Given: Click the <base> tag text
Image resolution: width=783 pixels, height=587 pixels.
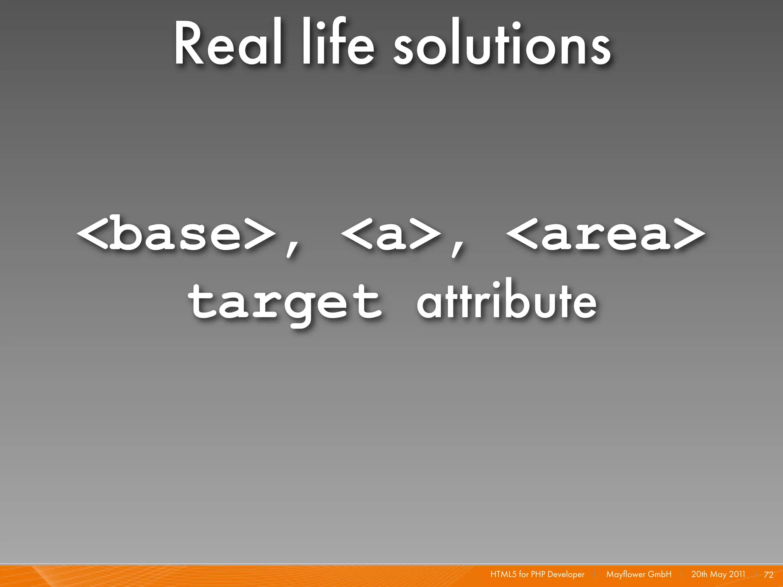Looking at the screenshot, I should point(177,233).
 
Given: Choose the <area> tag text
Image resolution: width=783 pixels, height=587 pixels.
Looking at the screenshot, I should point(606,233).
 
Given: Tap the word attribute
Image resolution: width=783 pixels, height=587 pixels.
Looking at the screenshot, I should point(506,302).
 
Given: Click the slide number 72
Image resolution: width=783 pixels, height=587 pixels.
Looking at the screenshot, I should point(768,575).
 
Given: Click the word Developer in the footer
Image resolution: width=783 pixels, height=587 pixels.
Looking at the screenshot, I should point(566,574).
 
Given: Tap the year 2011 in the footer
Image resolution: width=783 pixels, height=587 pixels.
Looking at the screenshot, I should point(737,574).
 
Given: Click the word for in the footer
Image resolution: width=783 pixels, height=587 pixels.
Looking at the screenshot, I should point(523,574).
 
